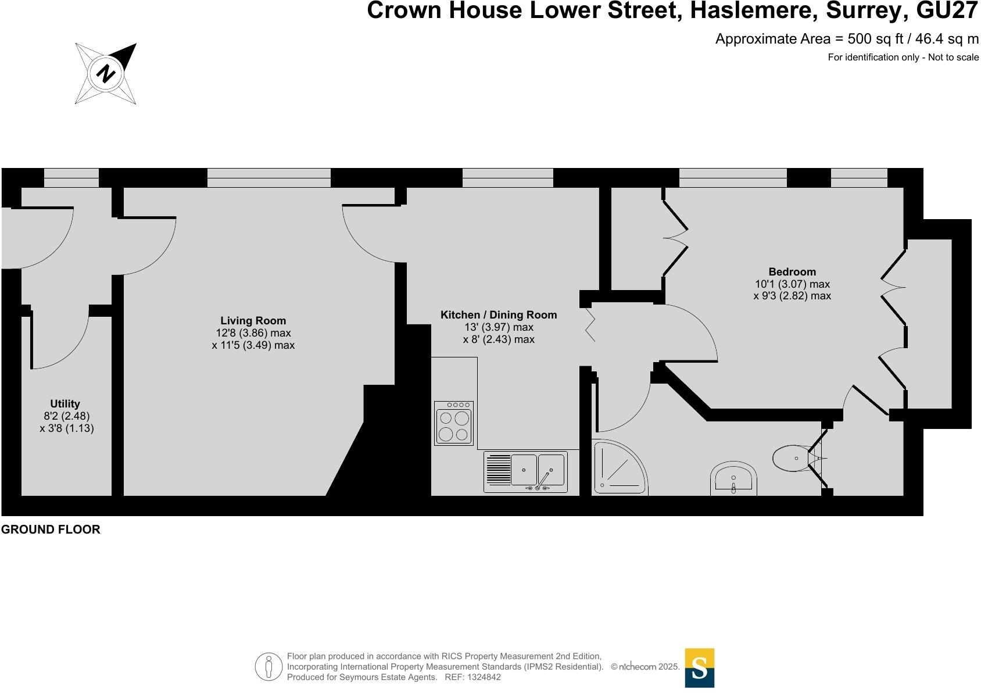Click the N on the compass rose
tap(106, 73)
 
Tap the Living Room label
tap(253, 321)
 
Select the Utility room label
tap(65, 403)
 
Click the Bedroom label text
tap(792, 271)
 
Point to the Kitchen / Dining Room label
tap(499, 314)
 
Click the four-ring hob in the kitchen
tap(454, 423)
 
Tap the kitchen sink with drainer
tap(525, 472)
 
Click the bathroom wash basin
tap(733, 478)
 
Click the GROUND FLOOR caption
tap(51, 530)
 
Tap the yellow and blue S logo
tap(699, 668)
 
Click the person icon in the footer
tap(269, 667)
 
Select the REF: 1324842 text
tap(472, 677)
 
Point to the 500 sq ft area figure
tap(875, 39)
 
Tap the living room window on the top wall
tap(269, 178)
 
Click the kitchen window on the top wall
tap(508, 178)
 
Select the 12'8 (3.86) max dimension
tap(253, 333)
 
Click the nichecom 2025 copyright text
tap(645, 667)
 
